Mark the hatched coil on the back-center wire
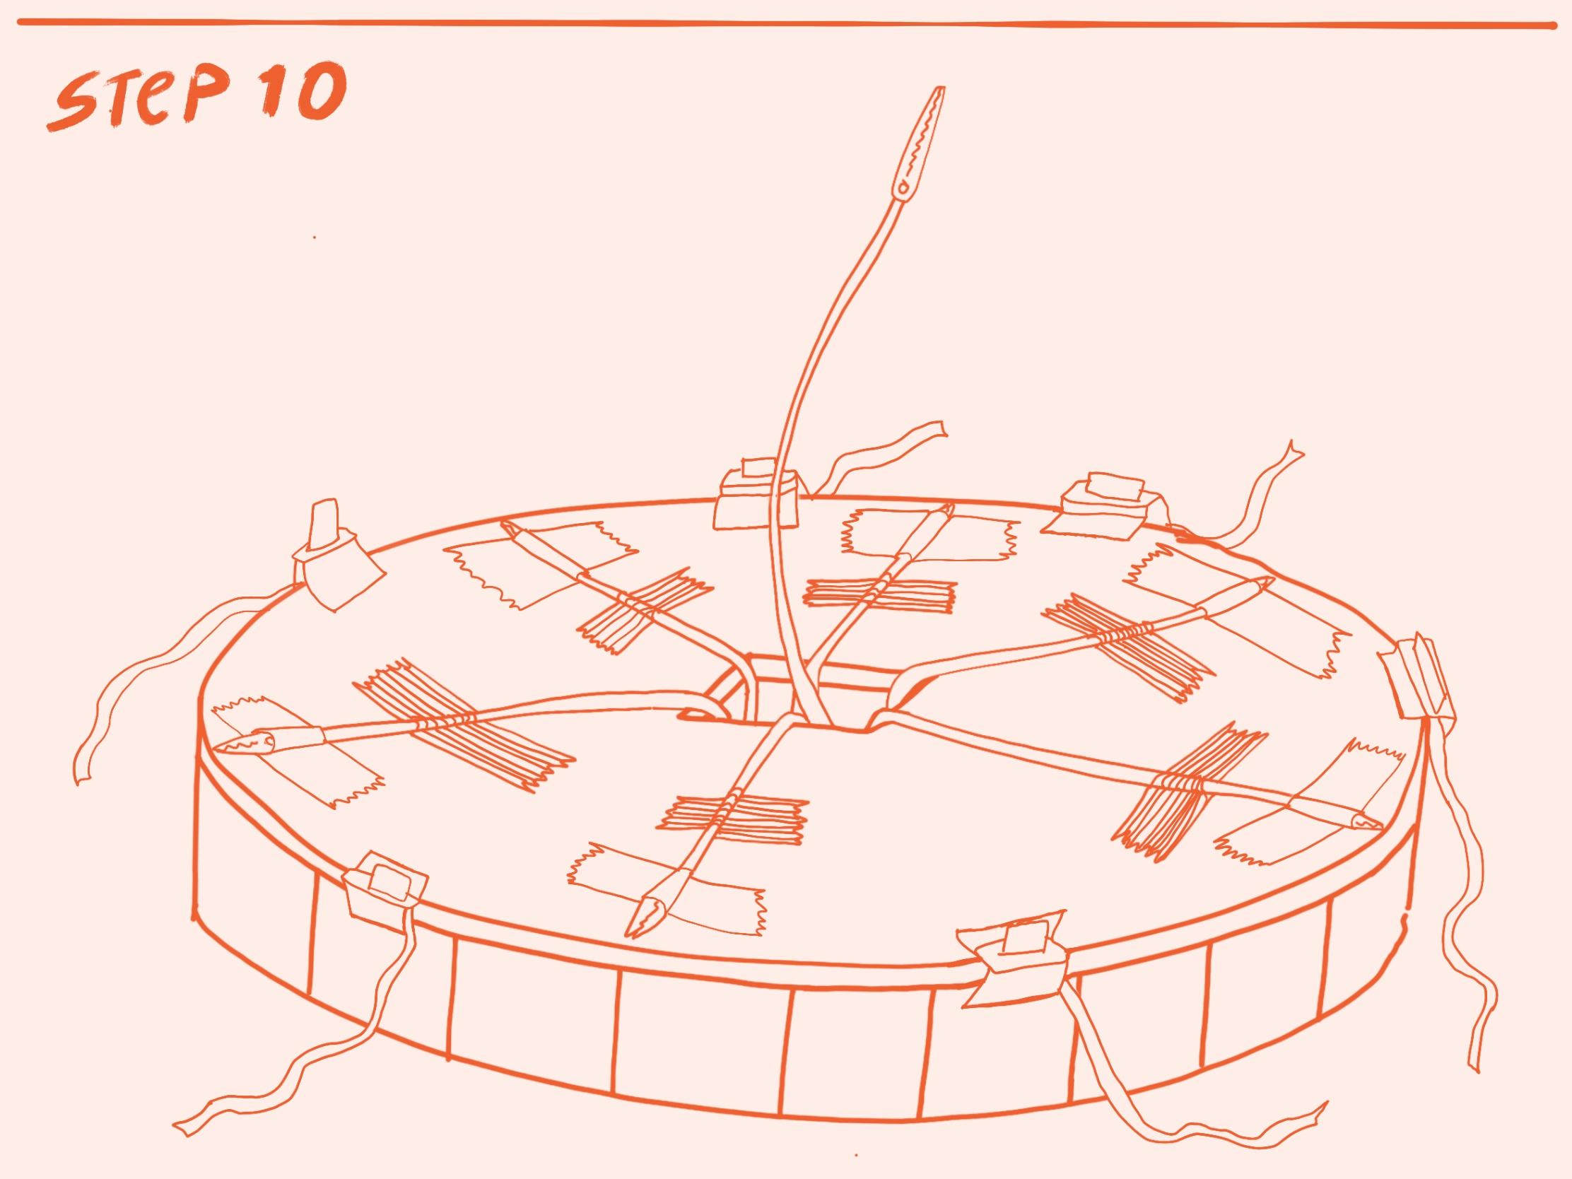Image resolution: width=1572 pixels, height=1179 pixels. click(881, 594)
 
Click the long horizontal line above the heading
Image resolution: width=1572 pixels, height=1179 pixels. click(786, 25)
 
